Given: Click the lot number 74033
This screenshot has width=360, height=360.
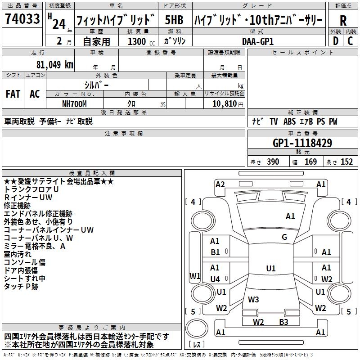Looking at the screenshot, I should click(x=22, y=19).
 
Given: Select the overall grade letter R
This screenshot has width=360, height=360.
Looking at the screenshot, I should click(x=343, y=21).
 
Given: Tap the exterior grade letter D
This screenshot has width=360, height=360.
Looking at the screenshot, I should click(x=335, y=40).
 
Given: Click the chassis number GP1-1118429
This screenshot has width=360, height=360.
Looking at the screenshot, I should click(x=302, y=143).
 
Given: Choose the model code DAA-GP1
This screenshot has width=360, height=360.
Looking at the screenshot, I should click(x=258, y=41).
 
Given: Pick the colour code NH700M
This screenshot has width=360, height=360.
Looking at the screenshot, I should click(x=75, y=103).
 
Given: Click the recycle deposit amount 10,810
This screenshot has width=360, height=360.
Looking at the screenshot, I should click(x=224, y=104).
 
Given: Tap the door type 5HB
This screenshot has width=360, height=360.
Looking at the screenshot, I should click(x=174, y=20).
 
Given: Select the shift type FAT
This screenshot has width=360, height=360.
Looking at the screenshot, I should click(x=13, y=94).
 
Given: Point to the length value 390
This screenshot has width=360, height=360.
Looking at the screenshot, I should click(x=273, y=162).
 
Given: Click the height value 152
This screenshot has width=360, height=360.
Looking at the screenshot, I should click(x=346, y=162).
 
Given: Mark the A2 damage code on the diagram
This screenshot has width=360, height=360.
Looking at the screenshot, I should click(x=220, y=184).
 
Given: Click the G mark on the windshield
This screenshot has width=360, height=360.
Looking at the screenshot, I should click(x=284, y=237).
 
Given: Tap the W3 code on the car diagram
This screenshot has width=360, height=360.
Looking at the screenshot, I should click(x=253, y=299).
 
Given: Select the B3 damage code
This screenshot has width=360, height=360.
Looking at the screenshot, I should click(x=283, y=322).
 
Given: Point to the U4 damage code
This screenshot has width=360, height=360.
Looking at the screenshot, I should click(x=215, y=279).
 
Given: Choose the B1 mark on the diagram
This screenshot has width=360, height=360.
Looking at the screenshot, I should click(x=215, y=252).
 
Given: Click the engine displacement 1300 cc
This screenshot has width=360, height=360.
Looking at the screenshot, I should click(x=139, y=41).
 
